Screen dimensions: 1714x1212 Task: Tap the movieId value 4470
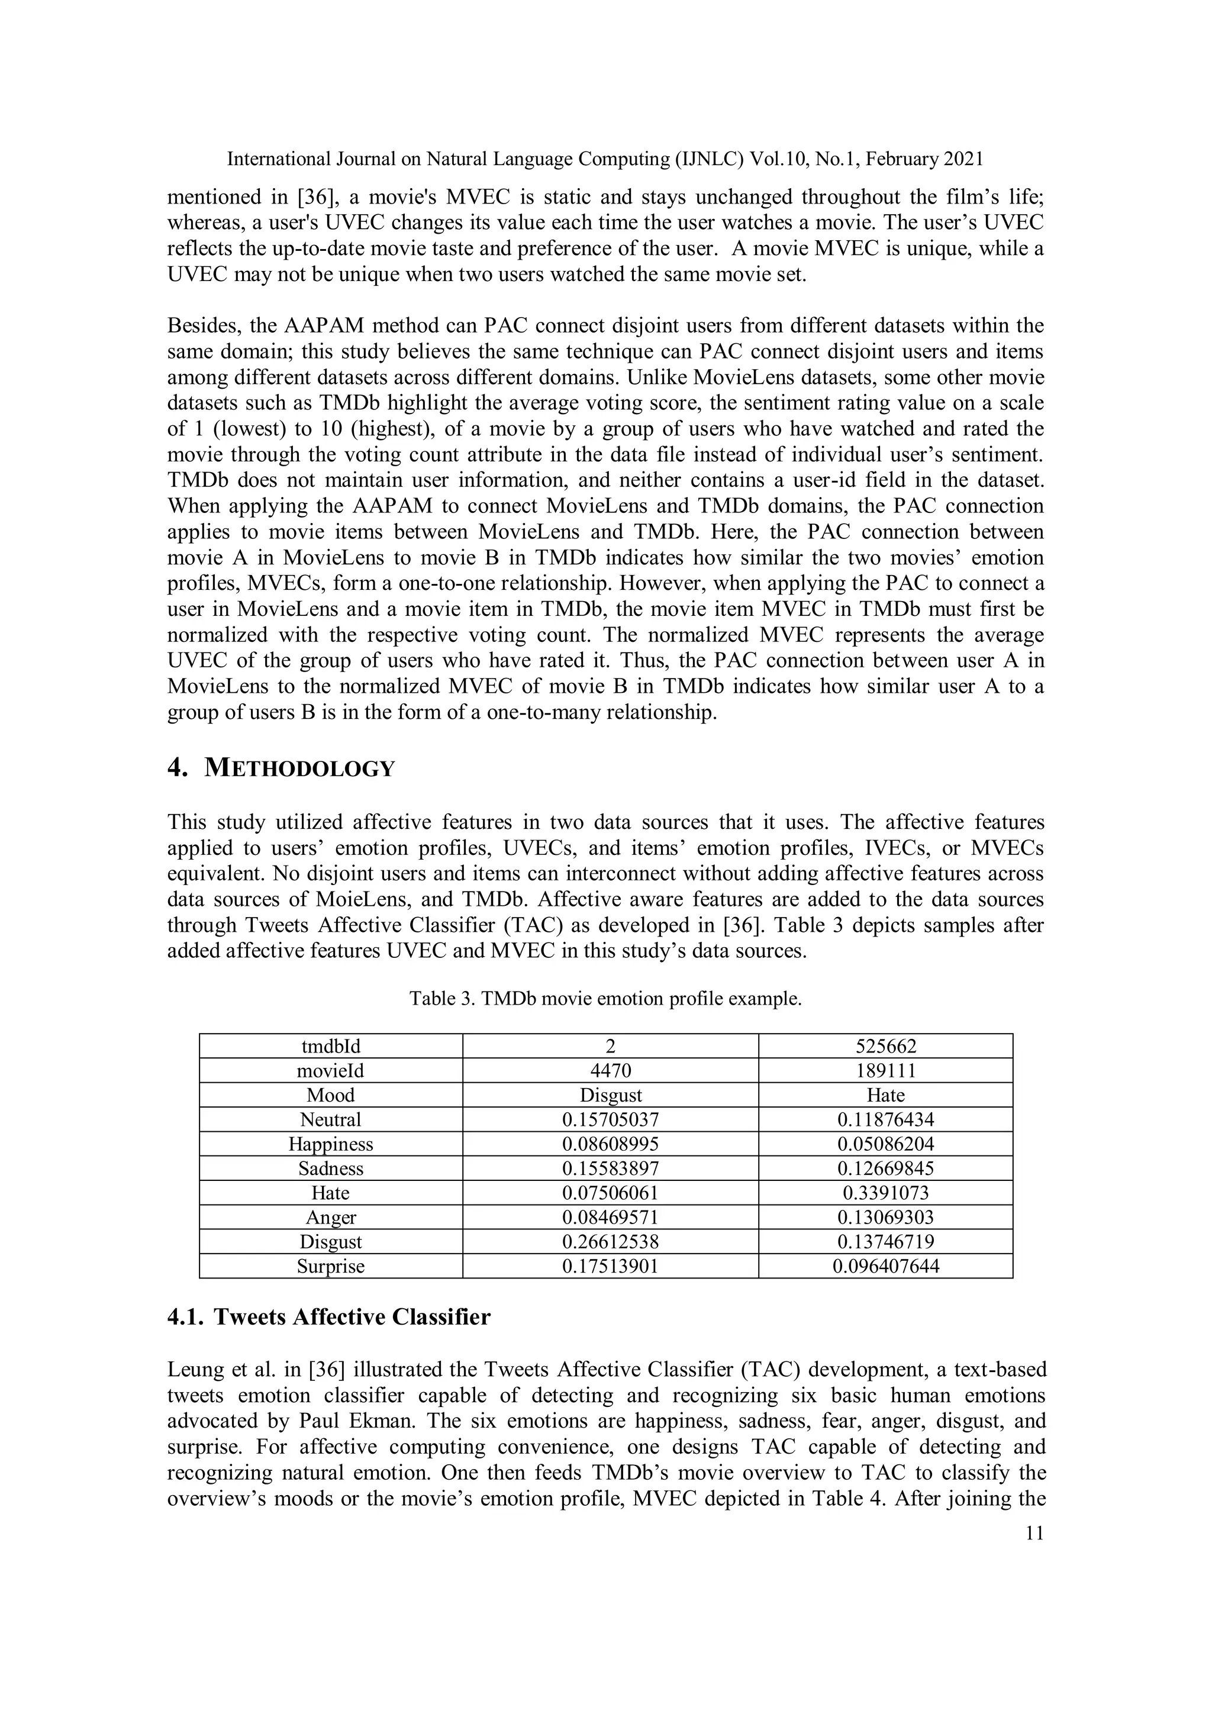pyautogui.click(x=610, y=1070)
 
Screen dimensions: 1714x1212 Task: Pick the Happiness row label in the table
pyautogui.click(x=331, y=1144)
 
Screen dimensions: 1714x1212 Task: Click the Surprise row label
pyautogui.click(x=331, y=1266)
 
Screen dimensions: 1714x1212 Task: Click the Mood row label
pyautogui.click(x=331, y=1095)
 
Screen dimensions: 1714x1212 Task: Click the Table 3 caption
pyautogui.click(x=605, y=998)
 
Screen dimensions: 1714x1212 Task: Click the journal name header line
pyautogui.click(x=605, y=159)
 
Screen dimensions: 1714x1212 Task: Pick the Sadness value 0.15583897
pyautogui.click(x=610, y=1169)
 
